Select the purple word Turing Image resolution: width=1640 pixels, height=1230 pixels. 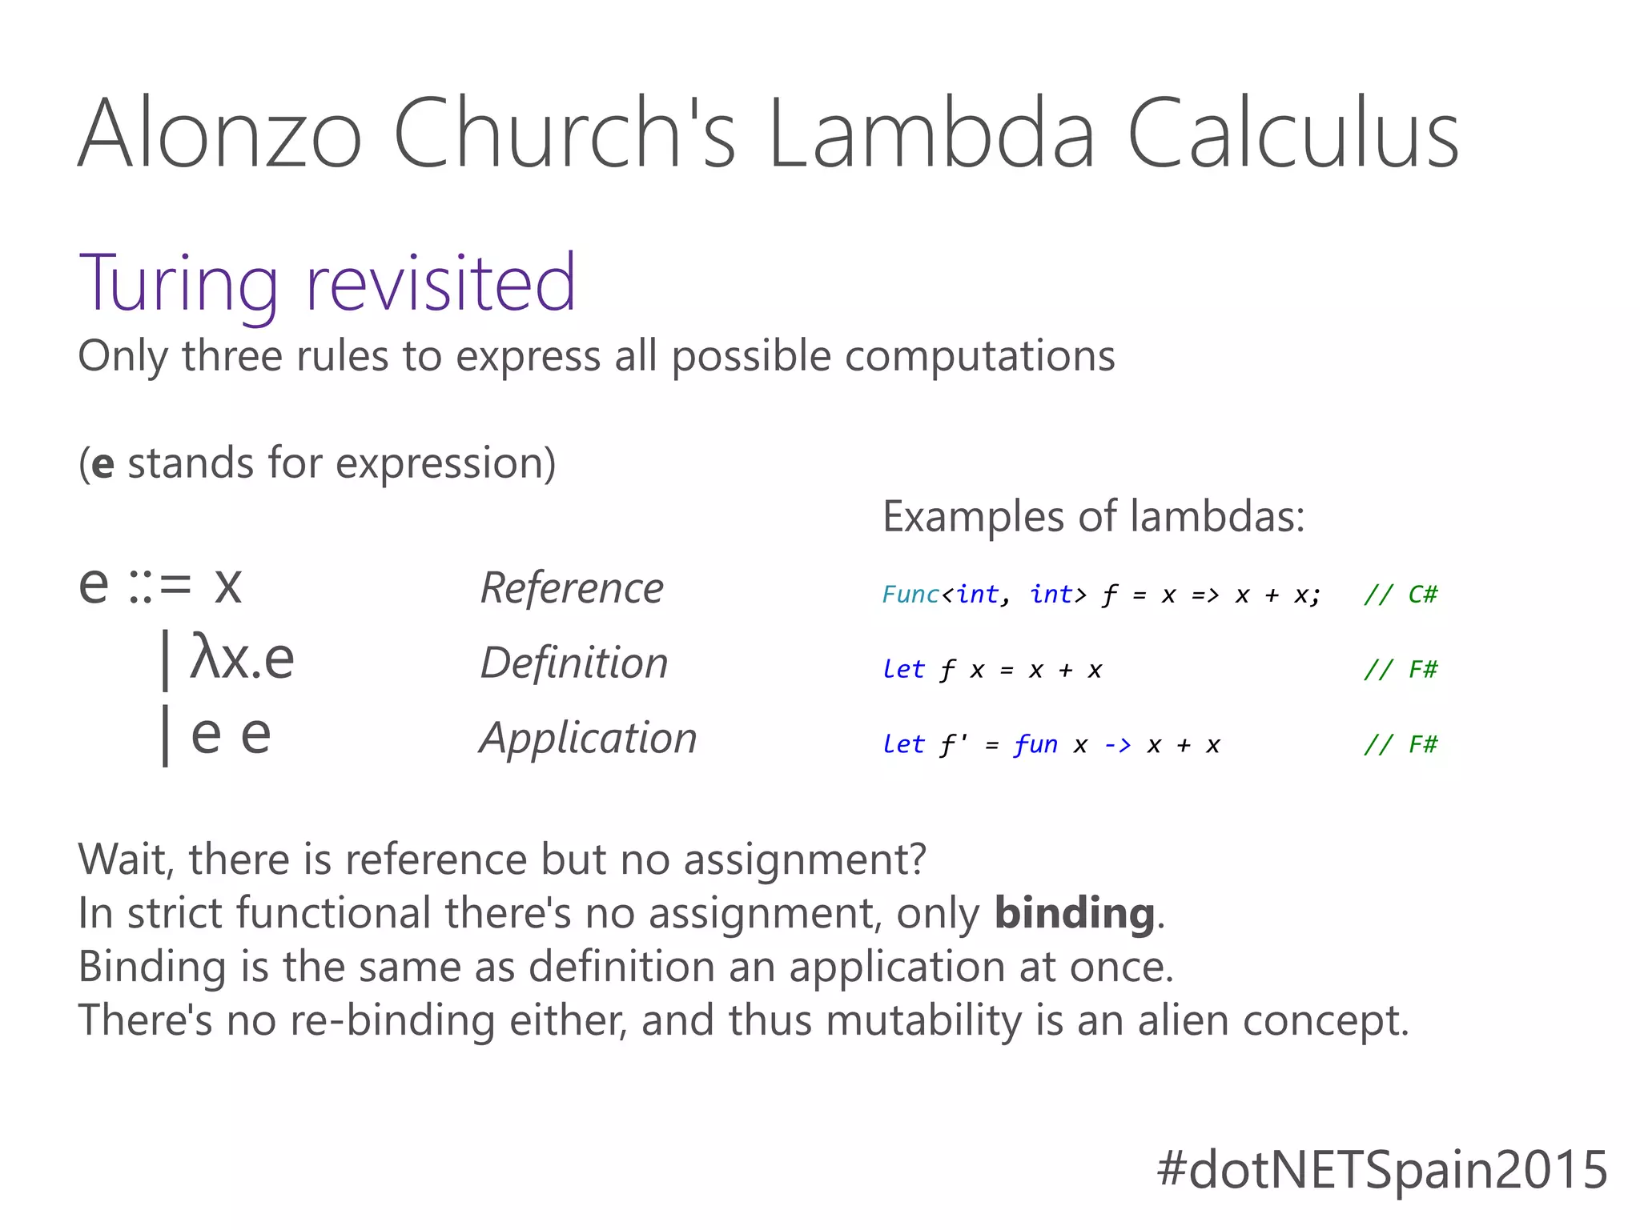tap(179, 284)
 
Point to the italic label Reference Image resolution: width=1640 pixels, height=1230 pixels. tap(572, 588)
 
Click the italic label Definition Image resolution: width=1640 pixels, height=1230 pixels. tap(573, 663)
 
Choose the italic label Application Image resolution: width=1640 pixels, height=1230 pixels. tap(588, 738)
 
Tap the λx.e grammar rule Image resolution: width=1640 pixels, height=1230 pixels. tap(242, 659)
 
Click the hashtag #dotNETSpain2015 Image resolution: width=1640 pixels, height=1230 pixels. tap(1382, 1169)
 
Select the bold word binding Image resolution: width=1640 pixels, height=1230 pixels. tap(1074, 913)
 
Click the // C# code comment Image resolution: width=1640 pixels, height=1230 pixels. tap(1400, 595)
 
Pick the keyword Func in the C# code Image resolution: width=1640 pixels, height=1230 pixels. tap(910, 595)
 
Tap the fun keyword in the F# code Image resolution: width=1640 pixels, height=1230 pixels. tap(1035, 745)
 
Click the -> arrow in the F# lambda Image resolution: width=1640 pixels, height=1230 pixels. tap(1117, 745)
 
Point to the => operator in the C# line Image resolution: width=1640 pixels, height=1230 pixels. tap(1204, 595)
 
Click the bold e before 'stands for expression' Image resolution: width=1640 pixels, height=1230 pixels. tap(102, 464)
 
